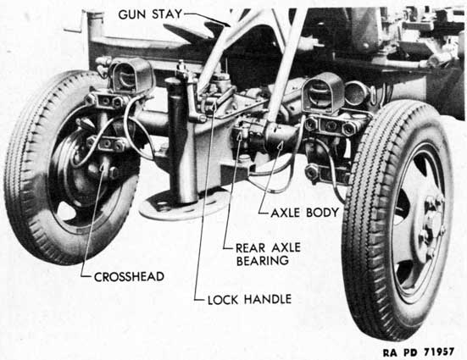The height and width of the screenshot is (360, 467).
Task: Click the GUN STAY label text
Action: pyautogui.click(x=150, y=14)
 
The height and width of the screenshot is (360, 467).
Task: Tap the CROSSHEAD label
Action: pyautogui.click(x=129, y=277)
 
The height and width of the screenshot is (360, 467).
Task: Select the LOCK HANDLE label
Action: pyautogui.click(x=249, y=299)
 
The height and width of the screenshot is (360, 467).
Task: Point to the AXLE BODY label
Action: pyautogui.click(x=305, y=213)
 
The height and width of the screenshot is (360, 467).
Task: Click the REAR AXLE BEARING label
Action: pyautogui.click(x=269, y=254)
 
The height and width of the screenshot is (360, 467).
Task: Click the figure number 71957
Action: pyautogui.click(x=439, y=352)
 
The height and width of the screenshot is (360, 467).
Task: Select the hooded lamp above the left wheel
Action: pyautogui.click(x=131, y=75)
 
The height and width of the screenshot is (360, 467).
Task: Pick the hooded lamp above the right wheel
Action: pyautogui.click(x=322, y=89)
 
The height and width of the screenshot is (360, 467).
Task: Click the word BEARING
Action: pyautogui.click(x=263, y=261)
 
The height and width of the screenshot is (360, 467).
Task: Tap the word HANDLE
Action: pyautogui.click(x=268, y=299)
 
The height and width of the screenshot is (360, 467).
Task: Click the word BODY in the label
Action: pyautogui.click(x=323, y=213)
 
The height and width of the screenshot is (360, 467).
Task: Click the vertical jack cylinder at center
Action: pyautogui.click(x=178, y=137)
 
